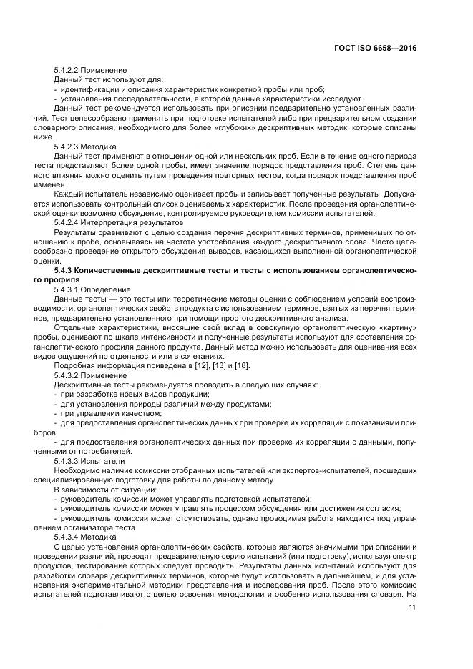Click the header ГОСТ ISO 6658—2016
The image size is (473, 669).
coord(375,48)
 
